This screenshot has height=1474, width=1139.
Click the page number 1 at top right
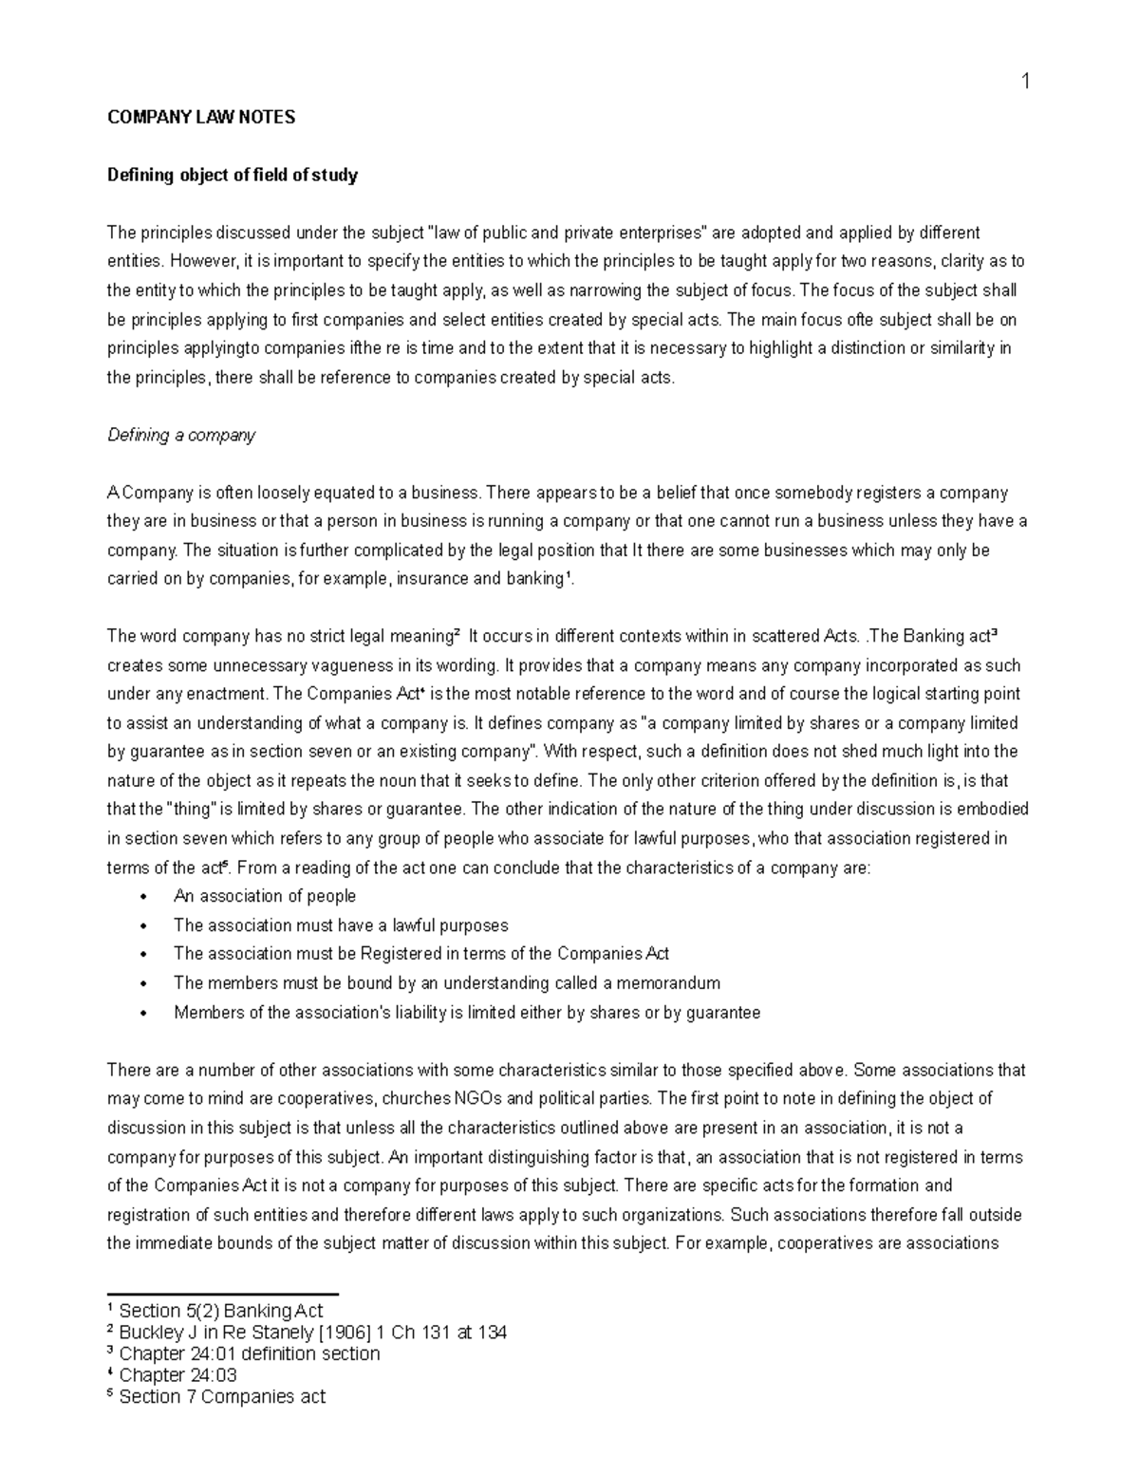point(1025,82)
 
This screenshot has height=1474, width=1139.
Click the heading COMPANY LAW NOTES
point(201,118)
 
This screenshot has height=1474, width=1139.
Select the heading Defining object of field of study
point(233,176)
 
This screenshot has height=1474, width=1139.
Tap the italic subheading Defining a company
point(181,436)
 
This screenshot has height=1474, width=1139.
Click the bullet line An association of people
point(265,896)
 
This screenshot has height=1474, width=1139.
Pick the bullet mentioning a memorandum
point(446,983)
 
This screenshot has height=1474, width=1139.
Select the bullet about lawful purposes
point(341,925)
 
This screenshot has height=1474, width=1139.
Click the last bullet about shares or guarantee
point(467,1013)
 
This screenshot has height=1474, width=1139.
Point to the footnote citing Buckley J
point(312,1333)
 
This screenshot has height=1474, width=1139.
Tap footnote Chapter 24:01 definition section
point(249,1354)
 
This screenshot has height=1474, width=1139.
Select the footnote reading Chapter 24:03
point(177,1375)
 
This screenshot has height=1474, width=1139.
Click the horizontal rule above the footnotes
point(223,1294)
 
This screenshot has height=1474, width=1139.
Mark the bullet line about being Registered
point(421,954)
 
